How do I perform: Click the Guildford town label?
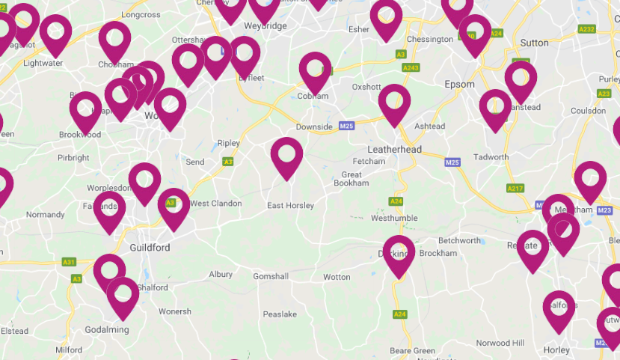coord(150,248)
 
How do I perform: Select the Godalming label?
coord(106,329)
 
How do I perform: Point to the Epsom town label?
coord(459,84)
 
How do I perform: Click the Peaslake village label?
coord(280,314)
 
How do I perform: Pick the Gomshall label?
coord(271,276)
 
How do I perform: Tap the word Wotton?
coord(337,277)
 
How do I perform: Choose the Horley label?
coord(556,350)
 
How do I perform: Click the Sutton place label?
coord(534,43)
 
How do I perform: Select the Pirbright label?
coord(73,158)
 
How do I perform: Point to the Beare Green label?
coord(413,350)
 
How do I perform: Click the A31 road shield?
coord(69,262)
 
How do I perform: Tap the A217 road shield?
coord(515,188)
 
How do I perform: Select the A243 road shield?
coord(411,67)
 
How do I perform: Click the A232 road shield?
coord(587,29)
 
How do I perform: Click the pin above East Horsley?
coord(286,155)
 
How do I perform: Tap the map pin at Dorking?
coord(399,252)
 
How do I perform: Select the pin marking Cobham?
coord(315,70)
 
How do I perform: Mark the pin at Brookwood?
coord(85,109)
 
